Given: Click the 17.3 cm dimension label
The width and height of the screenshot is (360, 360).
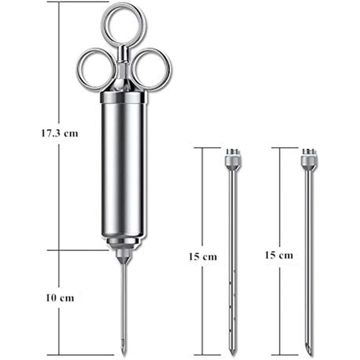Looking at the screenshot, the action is click(x=60, y=133).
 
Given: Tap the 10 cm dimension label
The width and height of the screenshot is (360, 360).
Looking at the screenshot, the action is click(x=60, y=298).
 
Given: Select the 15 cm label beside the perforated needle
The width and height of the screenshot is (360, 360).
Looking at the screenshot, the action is click(x=203, y=257).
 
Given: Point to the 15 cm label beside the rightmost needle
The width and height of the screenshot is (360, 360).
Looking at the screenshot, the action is click(x=279, y=255).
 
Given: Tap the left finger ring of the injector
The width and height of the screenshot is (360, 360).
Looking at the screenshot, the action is click(x=79, y=69).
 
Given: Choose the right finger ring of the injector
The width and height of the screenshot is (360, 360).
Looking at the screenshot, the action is click(x=169, y=69).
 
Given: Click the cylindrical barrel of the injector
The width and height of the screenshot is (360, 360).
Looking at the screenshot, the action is click(x=123, y=170).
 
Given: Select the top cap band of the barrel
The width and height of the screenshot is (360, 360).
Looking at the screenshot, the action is click(x=123, y=97).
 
